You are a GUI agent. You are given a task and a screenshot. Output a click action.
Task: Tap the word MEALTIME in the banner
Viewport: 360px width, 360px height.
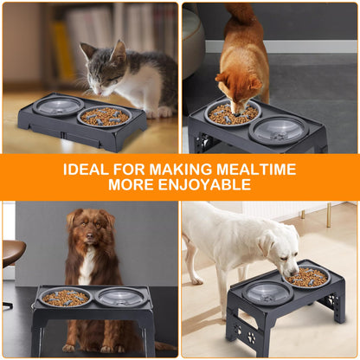coord(259,170)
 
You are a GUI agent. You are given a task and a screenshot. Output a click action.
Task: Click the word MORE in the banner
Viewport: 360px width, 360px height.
coord(132,185)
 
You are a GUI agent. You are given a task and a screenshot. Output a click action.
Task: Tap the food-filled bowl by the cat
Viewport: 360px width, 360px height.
coord(105,115)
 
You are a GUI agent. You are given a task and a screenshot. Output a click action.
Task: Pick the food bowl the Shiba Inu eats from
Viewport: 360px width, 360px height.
coord(232,112)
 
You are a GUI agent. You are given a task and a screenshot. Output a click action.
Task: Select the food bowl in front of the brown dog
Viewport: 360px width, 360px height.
coord(65,298)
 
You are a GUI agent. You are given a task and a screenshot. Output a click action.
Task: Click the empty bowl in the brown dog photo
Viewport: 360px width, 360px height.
coord(119,297)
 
